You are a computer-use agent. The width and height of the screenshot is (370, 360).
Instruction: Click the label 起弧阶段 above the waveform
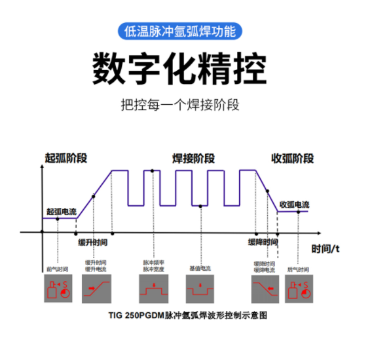[65, 158]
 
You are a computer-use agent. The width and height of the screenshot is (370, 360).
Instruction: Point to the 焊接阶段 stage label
[193, 159]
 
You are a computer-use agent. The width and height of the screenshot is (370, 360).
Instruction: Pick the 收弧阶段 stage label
[292, 159]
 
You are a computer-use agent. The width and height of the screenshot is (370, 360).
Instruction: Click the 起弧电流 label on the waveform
[62, 211]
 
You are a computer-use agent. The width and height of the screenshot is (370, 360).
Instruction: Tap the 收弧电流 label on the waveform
[294, 205]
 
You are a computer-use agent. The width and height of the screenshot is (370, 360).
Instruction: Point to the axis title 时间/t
[325, 249]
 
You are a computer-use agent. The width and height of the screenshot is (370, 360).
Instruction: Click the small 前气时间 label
[58, 270]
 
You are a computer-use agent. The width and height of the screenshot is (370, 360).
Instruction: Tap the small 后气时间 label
[297, 270]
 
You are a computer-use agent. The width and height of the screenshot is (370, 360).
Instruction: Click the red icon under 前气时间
[58, 289]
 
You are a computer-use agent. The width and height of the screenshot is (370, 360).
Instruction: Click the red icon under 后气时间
[297, 289]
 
